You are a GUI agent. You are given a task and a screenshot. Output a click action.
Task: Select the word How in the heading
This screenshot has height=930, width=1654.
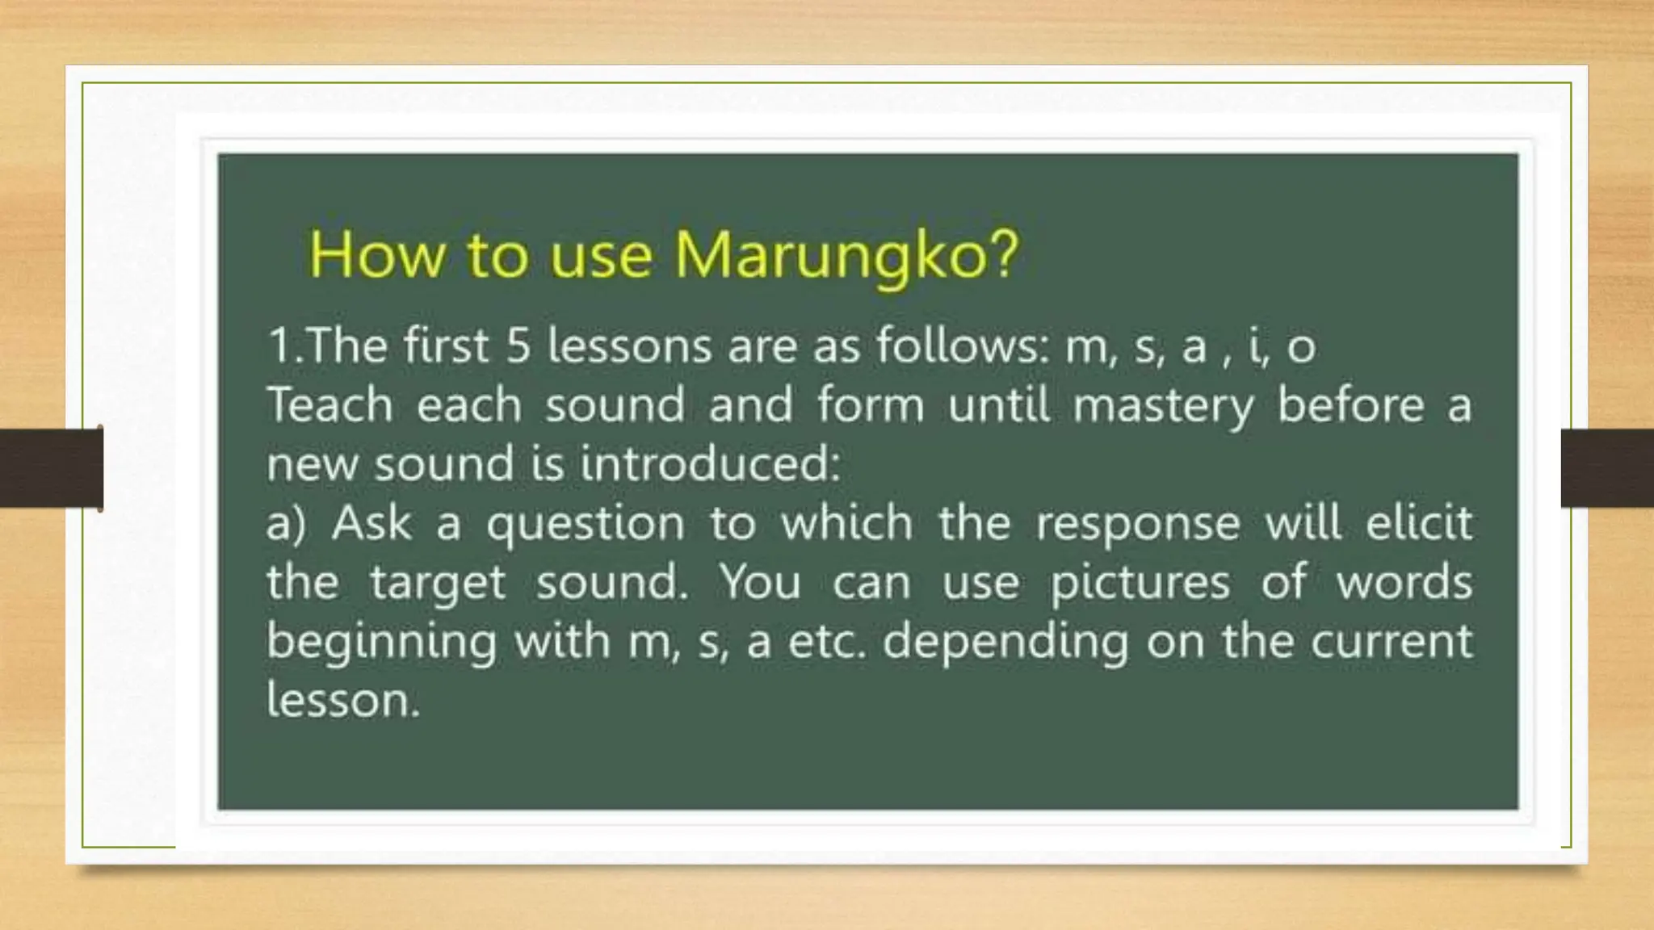coord(376,255)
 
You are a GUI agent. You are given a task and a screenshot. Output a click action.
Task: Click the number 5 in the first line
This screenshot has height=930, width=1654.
coord(518,346)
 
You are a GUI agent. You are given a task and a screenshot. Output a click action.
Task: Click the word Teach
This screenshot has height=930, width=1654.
coord(330,404)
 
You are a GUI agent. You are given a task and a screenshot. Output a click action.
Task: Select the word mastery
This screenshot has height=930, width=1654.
coord(1163,406)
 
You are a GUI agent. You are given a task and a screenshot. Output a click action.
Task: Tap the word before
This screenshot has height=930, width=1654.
coord(1350,404)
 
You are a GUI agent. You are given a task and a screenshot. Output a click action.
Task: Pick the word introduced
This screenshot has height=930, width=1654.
coord(711,464)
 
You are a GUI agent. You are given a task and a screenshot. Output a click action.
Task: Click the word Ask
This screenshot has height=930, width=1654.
coord(372,522)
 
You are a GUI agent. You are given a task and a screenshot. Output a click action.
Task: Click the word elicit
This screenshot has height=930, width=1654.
coord(1419,522)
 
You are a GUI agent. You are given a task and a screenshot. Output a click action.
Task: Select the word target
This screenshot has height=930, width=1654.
coord(438,583)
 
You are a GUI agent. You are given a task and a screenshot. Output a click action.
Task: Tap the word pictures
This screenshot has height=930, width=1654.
coord(1140,583)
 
